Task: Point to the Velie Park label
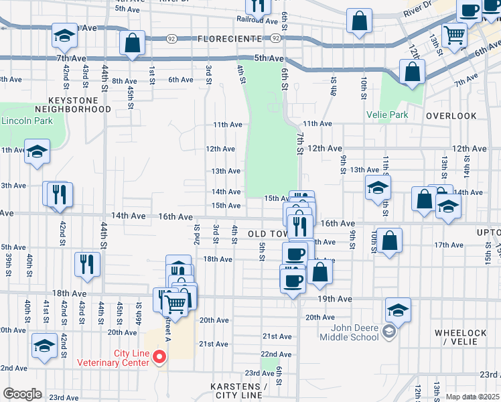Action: [x=386, y=115]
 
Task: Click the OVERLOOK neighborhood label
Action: [x=451, y=116]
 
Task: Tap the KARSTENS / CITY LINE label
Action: [x=236, y=391]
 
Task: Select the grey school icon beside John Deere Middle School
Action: [x=388, y=331]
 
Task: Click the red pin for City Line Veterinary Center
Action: [x=159, y=357]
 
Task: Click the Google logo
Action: [x=22, y=393]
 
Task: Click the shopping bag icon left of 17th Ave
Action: [x=389, y=242]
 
